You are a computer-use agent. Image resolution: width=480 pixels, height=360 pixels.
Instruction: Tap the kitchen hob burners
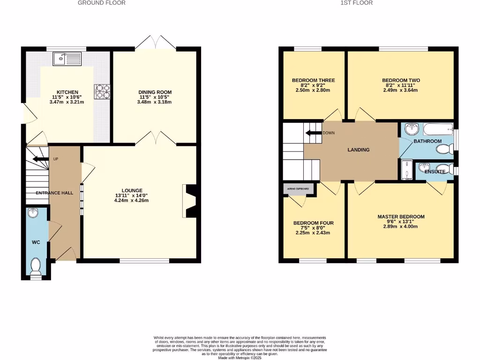pos(102,91)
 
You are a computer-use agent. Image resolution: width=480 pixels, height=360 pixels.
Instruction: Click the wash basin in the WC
pos(33,213)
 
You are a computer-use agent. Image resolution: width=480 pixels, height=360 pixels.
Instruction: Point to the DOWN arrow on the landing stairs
pos(312,133)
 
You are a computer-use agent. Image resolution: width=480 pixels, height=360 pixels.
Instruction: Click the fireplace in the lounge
pos(190,201)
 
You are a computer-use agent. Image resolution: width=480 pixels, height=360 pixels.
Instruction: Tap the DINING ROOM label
pos(155,92)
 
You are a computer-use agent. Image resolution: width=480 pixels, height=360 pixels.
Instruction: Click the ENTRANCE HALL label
pos(54,193)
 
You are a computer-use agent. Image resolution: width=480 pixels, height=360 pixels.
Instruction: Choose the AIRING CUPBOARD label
pos(298,189)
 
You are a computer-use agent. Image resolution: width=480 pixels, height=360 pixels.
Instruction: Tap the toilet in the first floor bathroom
pos(443,149)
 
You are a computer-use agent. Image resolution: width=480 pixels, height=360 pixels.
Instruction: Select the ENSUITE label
pos(435,172)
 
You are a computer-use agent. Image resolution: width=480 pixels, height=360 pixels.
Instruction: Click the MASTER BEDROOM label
pos(401,217)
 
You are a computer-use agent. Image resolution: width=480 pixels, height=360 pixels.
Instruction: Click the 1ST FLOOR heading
pos(356,3)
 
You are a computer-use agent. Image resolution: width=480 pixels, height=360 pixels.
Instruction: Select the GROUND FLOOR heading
pos(101,3)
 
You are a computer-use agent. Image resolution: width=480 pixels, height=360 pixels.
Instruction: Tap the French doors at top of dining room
pos(155,43)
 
